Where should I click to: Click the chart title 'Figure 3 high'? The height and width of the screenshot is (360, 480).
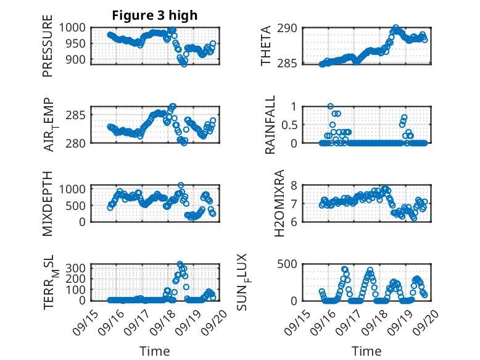[x=154, y=15]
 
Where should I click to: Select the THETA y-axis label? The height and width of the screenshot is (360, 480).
[x=266, y=45]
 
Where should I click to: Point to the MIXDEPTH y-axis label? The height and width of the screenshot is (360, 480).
[x=48, y=203]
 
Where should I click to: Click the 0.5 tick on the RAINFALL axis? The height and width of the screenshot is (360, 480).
[x=289, y=124]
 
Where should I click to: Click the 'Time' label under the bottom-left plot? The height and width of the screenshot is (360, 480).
[x=154, y=351]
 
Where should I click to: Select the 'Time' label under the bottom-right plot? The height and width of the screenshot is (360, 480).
[x=366, y=351]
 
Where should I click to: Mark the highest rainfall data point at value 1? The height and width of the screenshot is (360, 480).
[x=331, y=106]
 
